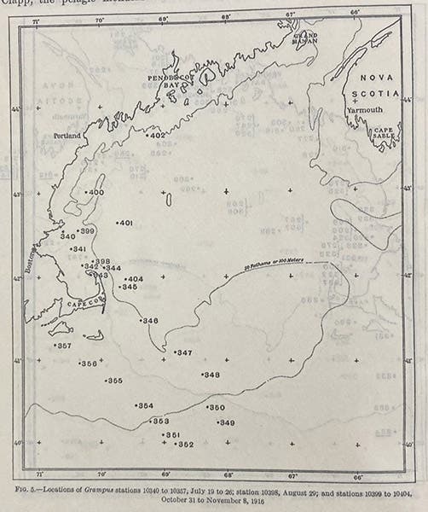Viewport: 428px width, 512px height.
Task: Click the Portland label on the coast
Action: coord(70,136)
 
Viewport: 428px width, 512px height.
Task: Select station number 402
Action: coord(157,136)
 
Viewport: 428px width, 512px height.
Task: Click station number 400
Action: coord(95,193)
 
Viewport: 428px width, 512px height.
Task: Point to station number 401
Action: coord(125,224)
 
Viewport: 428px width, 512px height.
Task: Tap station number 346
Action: coord(149,321)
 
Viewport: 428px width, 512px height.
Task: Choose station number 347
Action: coord(183,352)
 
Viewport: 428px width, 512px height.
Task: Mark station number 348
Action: coord(211,375)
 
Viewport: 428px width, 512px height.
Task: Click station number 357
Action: coord(62,346)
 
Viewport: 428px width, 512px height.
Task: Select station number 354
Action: coord(145,405)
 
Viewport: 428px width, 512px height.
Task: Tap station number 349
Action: coord(226,422)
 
